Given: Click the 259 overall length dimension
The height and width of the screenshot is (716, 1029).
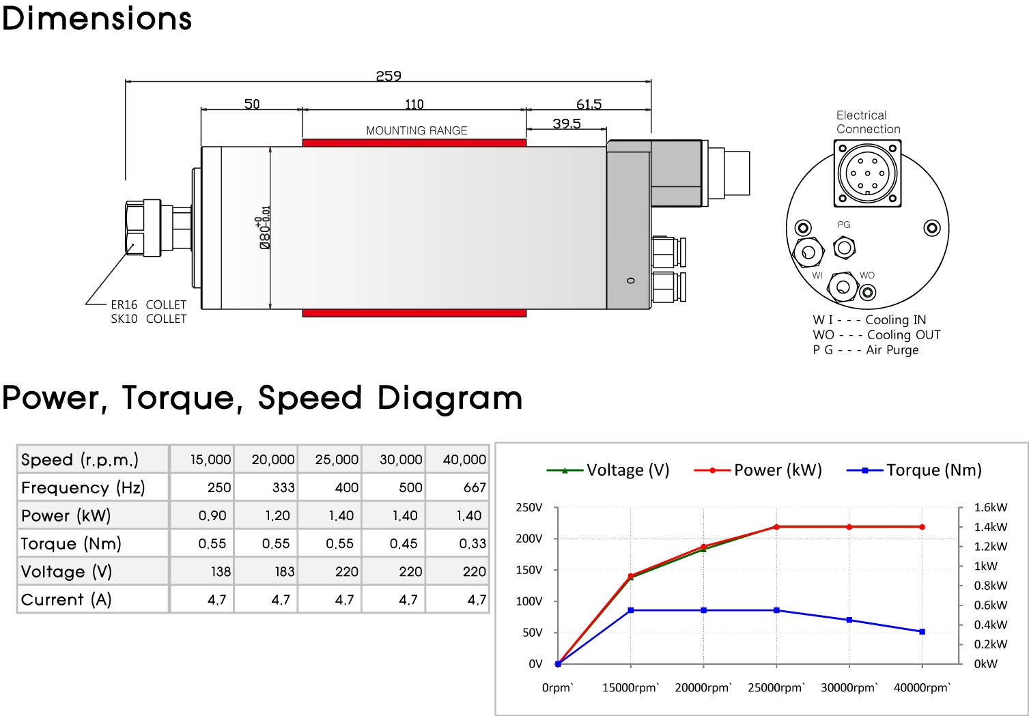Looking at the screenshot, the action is tap(388, 76).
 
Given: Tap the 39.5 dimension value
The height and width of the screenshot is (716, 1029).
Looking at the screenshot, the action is tap(567, 124).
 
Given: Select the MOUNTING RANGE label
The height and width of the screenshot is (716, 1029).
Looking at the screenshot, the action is tap(417, 130).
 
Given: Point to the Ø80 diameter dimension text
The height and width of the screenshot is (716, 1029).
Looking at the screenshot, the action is tap(265, 227).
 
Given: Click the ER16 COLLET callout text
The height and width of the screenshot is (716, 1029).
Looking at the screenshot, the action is tap(148, 304).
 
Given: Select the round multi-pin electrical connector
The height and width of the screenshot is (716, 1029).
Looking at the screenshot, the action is tap(867, 173).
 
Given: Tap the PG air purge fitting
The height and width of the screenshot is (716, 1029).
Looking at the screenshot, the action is tap(844, 248).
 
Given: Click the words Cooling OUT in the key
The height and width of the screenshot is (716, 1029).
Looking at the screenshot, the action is tap(903, 335).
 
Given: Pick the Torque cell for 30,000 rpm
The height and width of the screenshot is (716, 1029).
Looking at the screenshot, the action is tap(404, 543).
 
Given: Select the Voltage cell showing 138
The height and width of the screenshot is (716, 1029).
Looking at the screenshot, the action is tap(221, 571).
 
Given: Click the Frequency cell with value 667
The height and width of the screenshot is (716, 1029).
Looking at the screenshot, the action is tap(475, 487).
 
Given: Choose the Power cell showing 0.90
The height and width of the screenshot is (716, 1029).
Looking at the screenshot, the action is tap(212, 515).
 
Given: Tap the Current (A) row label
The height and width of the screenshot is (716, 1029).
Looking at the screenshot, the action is tap(66, 599).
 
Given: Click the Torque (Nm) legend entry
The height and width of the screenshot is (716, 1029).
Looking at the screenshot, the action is tap(914, 470).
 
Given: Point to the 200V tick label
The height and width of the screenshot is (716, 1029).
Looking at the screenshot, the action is tap(528, 539).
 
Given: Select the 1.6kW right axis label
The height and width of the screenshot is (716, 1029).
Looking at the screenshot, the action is tap(990, 507).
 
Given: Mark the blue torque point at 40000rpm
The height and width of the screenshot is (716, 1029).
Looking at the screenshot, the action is tap(922, 631).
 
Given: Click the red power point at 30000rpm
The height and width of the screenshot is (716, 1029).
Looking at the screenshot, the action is tap(849, 527).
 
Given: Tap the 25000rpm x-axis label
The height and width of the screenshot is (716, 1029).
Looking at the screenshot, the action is tap(776, 687).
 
